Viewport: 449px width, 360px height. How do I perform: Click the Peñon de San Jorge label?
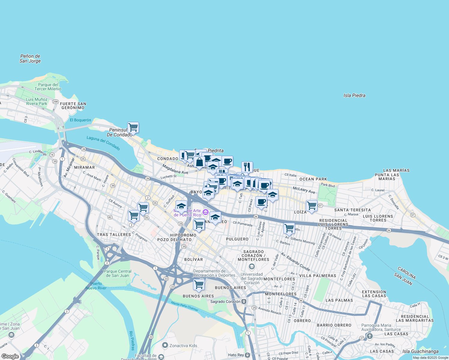[x=30, y=58]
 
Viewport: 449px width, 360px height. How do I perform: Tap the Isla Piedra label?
[x=354, y=95]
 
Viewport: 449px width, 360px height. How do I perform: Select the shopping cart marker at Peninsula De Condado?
[x=133, y=127]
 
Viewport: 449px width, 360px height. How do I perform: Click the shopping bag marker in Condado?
[x=199, y=162]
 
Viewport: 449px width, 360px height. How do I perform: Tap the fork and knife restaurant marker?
[x=247, y=167]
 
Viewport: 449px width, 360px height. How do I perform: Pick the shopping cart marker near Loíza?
[x=312, y=206]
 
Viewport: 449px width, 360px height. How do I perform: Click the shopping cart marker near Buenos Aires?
[x=199, y=285]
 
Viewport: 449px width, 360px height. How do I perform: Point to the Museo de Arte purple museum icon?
[x=205, y=212]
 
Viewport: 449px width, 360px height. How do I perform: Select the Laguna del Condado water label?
[x=103, y=143]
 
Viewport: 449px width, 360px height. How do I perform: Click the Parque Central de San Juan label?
[x=118, y=273]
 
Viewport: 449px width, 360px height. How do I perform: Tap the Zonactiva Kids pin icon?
[x=165, y=345]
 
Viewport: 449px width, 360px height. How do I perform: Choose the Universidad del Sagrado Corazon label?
[x=252, y=278]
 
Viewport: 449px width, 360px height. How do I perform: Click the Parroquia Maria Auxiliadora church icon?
[x=369, y=336]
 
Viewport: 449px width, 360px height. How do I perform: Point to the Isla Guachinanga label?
[x=420, y=351]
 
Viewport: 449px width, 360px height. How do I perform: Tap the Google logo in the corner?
[x=10, y=356]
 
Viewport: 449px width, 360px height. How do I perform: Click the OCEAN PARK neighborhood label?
[x=313, y=179]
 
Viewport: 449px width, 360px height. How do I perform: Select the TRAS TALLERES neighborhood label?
[x=114, y=235]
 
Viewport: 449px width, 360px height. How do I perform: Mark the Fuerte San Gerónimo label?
[x=73, y=106]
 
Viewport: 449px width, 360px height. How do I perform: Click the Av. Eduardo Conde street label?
[x=295, y=262]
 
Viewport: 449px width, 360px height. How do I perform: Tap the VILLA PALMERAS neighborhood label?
[x=318, y=276]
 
